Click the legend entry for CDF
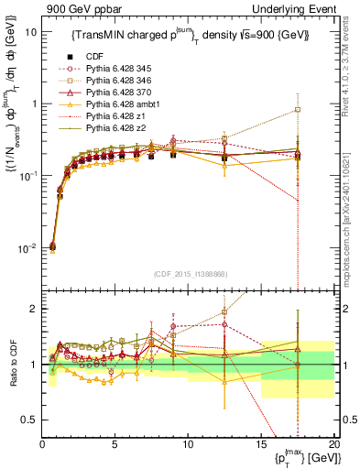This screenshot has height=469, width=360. (x=96, y=55)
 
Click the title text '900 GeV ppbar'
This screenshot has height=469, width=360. (x=69, y=8)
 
